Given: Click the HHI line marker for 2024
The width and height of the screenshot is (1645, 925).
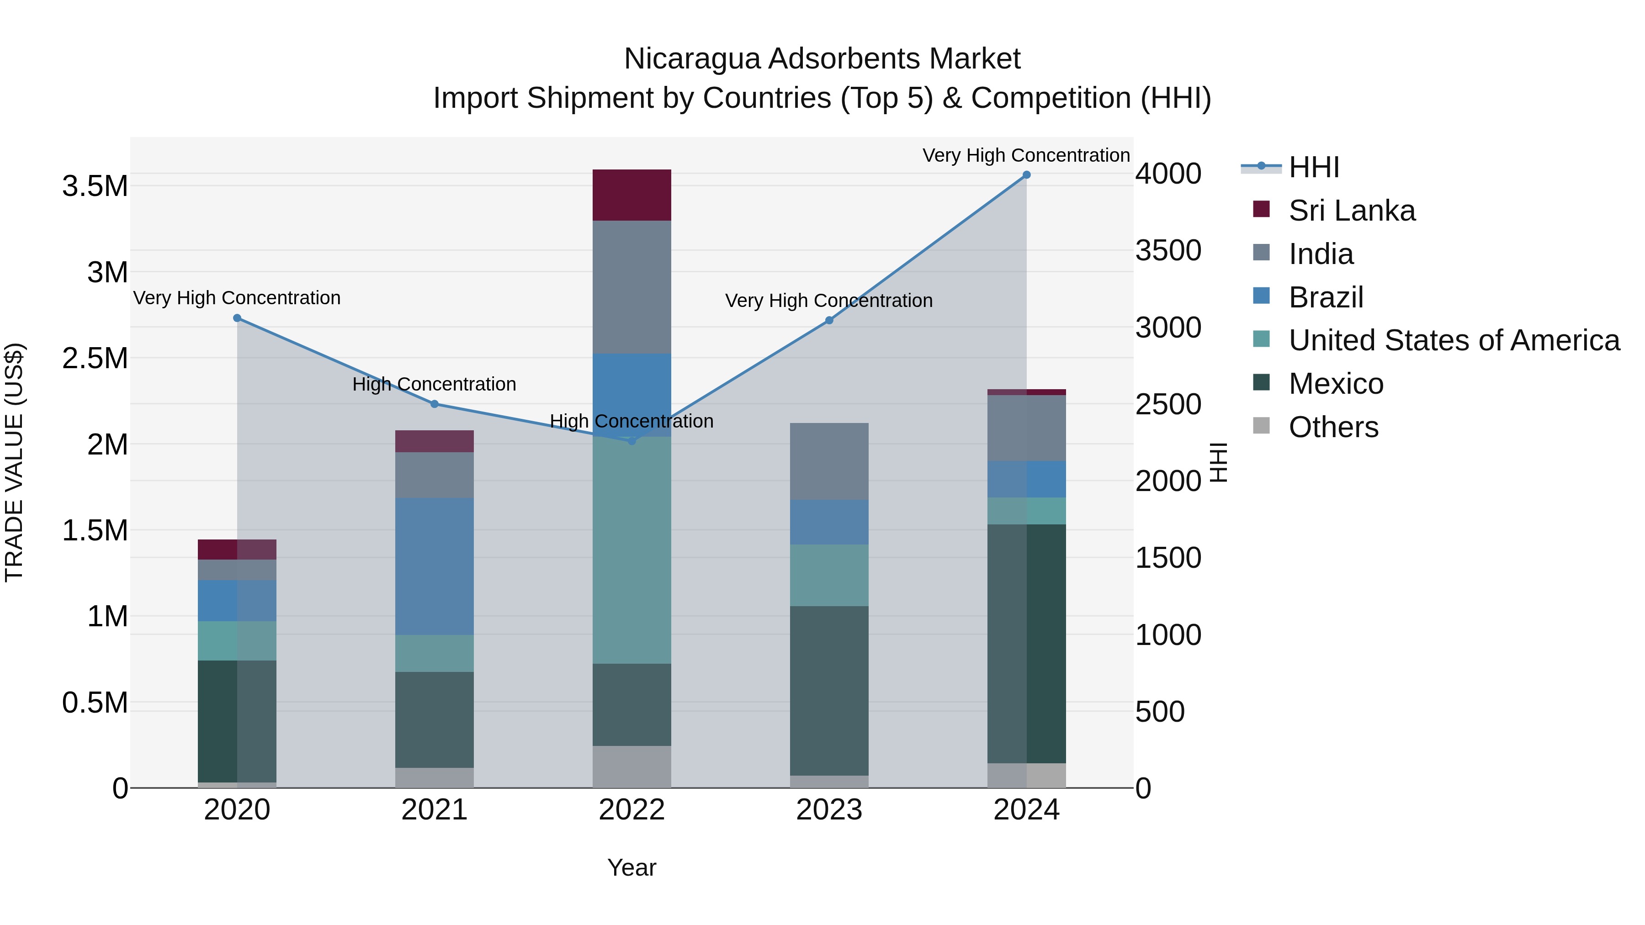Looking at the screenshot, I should click(1026, 175).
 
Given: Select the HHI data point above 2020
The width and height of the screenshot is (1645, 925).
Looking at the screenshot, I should click(237, 318).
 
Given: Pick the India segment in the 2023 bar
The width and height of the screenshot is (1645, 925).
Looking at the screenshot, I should click(829, 461).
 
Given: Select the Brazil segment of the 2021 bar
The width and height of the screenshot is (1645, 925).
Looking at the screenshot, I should click(434, 566).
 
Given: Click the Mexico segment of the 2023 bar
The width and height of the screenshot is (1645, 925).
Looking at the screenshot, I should click(829, 691).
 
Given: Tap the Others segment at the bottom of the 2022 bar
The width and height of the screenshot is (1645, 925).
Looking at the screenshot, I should click(631, 766).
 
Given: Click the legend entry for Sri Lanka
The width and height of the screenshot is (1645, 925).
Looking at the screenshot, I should click(1351, 211).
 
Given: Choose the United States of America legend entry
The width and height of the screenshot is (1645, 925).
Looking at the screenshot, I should click(1454, 340).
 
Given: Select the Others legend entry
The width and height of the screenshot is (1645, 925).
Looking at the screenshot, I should click(1333, 427).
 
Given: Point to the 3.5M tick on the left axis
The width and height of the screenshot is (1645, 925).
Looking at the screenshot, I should click(95, 186).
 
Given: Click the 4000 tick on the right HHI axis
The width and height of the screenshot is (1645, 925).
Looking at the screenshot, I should click(1168, 174).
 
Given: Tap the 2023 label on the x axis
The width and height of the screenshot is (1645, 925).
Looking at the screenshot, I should click(829, 810).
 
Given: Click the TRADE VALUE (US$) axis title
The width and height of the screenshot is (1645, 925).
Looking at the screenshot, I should click(14, 462).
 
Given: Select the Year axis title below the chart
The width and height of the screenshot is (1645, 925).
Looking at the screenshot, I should click(631, 867).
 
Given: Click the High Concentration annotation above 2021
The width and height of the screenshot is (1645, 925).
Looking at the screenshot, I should click(434, 384).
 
